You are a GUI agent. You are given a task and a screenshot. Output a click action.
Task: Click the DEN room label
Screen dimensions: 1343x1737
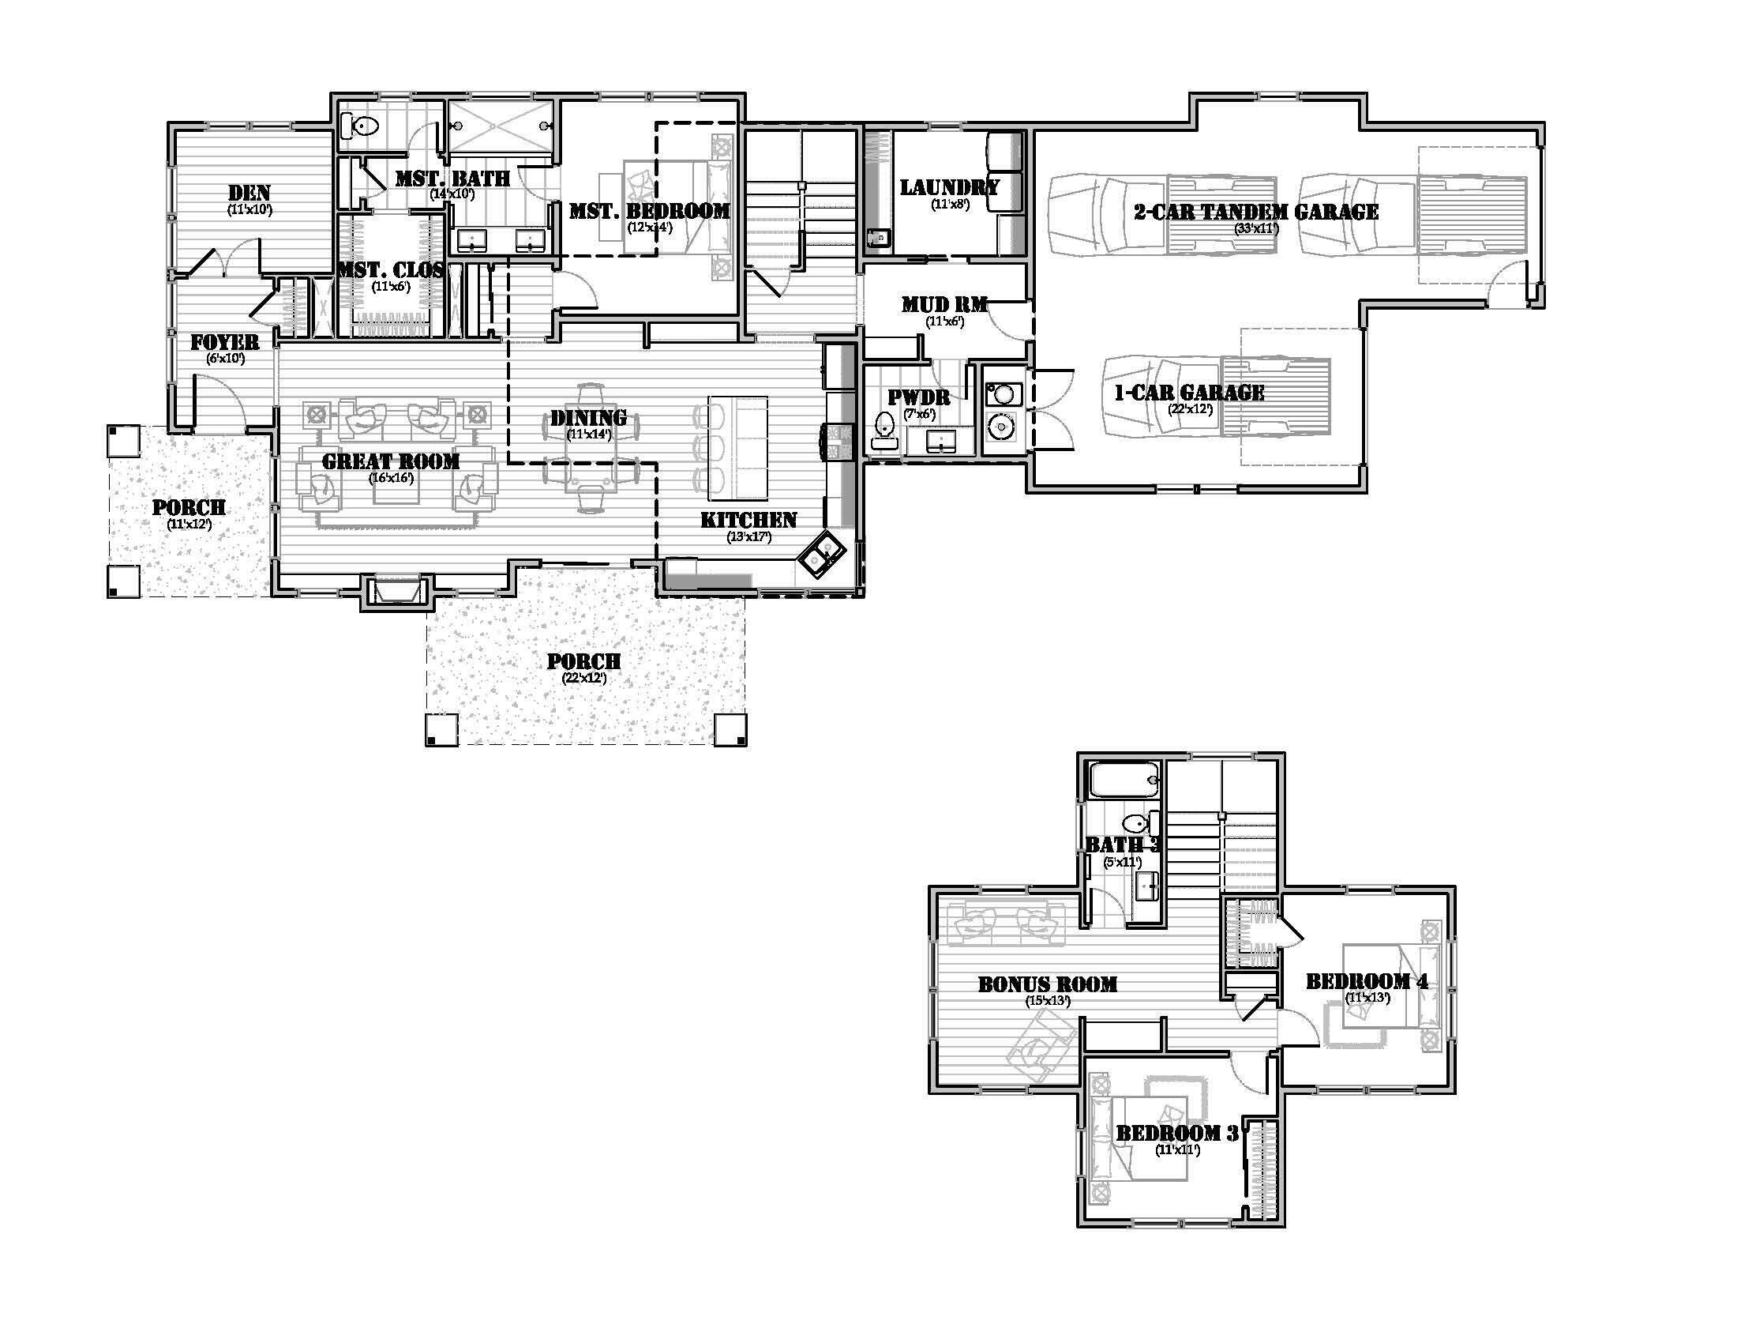coord(249,193)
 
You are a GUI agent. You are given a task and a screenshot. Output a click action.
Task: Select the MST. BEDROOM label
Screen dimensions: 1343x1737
coord(649,211)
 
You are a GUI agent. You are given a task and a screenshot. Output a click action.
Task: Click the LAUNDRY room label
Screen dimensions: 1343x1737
coord(950,188)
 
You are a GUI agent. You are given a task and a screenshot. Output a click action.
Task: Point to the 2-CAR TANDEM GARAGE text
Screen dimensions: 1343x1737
coord(1256,212)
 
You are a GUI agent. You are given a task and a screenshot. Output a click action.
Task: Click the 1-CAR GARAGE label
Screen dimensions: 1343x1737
coord(1190,393)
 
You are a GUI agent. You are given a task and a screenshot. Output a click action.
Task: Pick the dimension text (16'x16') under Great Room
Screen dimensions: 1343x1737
coord(392,478)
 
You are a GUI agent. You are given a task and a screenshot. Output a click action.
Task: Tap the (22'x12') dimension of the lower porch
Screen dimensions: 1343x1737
coord(583,679)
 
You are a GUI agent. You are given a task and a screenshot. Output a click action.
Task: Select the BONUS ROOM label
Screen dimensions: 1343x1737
coord(1048,984)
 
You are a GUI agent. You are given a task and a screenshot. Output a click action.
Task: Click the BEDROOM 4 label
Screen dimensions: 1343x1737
coord(1367,981)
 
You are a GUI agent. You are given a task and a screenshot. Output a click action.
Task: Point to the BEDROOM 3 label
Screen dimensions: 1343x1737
coord(1177,1133)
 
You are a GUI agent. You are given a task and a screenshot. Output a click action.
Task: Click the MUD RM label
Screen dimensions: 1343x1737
coord(944,304)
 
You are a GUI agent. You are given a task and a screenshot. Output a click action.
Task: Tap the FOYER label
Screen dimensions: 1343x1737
coord(225,342)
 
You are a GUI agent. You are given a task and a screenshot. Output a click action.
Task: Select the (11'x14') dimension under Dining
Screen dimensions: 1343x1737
coord(588,434)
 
